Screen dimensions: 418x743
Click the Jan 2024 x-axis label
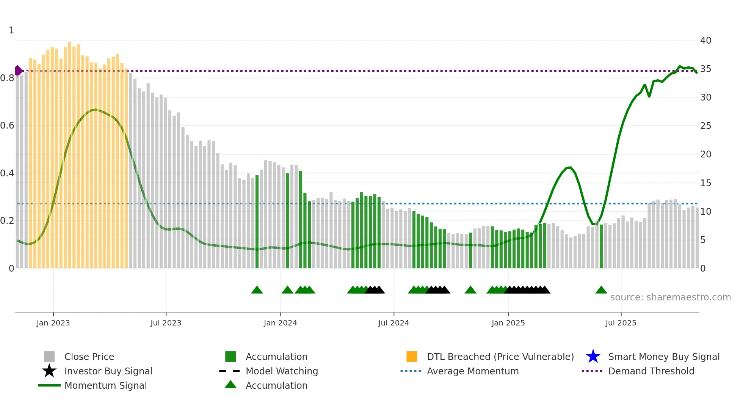click(280, 323)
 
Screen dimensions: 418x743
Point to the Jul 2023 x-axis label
click(166, 323)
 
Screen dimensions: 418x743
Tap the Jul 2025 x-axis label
click(621, 323)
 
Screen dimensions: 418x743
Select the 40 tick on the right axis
click(705, 41)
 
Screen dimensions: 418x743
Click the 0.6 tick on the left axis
click(7, 126)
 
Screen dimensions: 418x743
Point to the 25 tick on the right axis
click(705, 126)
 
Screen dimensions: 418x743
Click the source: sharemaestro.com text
click(670, 297)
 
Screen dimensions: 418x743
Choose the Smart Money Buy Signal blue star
click(593, 357)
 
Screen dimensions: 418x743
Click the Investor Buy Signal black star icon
click(49, 371)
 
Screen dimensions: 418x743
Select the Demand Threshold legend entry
click(651, 371)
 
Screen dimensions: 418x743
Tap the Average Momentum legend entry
click(472, 371)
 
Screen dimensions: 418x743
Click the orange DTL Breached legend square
click(412, 357)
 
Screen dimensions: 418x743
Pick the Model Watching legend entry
click(281, 371)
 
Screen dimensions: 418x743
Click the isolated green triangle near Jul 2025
click(601, 290)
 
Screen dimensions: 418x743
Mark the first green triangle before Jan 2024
click(257, 290)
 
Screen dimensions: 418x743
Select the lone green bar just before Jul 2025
click(601, 247)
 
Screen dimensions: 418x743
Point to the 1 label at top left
click(11, 30)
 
